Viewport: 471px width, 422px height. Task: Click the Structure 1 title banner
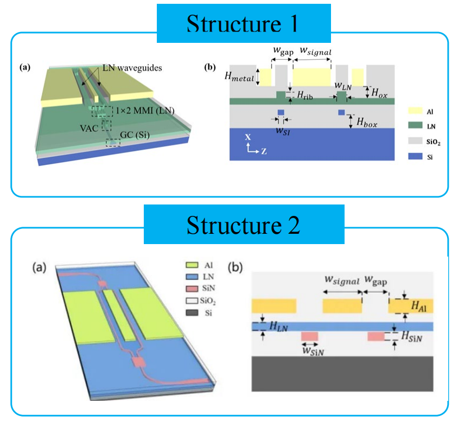tap(244, 23)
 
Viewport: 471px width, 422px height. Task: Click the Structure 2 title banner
tap(244, 225)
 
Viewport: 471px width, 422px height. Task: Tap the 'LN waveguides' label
tap(132, 68)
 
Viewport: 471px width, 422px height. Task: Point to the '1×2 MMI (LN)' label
tap(145, 111)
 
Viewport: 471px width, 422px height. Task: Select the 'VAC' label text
tap(89, 129)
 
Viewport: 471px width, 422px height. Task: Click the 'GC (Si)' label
tap(135, 135)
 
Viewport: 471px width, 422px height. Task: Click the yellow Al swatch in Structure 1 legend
tap(415, 111)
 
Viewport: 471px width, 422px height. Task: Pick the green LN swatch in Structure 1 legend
tap(415, 125)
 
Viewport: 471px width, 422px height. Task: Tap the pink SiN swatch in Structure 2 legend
tap(192, 289)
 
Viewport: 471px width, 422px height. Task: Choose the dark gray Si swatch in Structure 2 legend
tap(192, 312)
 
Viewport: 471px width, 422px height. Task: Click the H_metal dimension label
tap(239, 77)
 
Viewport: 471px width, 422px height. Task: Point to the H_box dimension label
tap(367, 122)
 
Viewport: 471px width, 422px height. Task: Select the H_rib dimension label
tap(305, 95)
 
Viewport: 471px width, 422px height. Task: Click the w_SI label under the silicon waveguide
tap(283, 131)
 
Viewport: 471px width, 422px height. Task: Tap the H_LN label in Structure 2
tap(279, 327)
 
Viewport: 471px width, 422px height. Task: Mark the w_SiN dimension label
tap(313, 351)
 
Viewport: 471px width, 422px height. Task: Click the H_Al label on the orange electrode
tap(419, 306)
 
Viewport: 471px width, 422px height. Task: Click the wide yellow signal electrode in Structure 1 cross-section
tap(312, 77)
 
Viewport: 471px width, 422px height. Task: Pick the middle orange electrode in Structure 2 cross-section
tap(342, 306)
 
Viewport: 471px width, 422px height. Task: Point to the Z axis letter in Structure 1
tap(264, 151)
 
